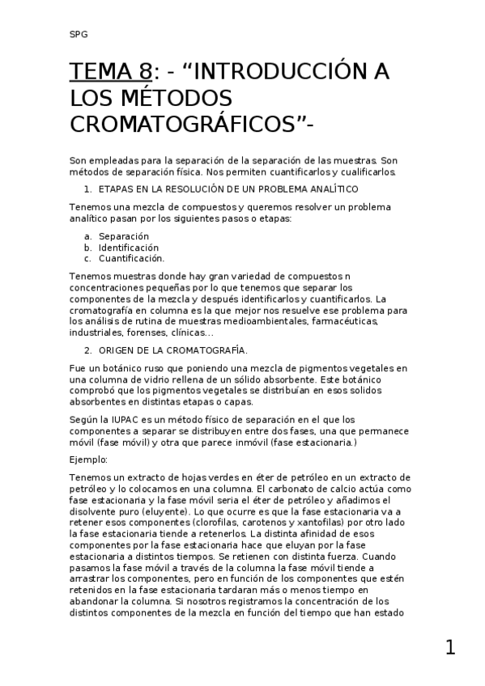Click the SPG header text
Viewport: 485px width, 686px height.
79,35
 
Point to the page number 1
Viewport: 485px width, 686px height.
450,647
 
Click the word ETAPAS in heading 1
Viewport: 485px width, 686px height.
117,188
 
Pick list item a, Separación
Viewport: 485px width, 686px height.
123,236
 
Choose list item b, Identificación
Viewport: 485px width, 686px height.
128,248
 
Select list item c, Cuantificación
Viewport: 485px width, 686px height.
131,259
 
